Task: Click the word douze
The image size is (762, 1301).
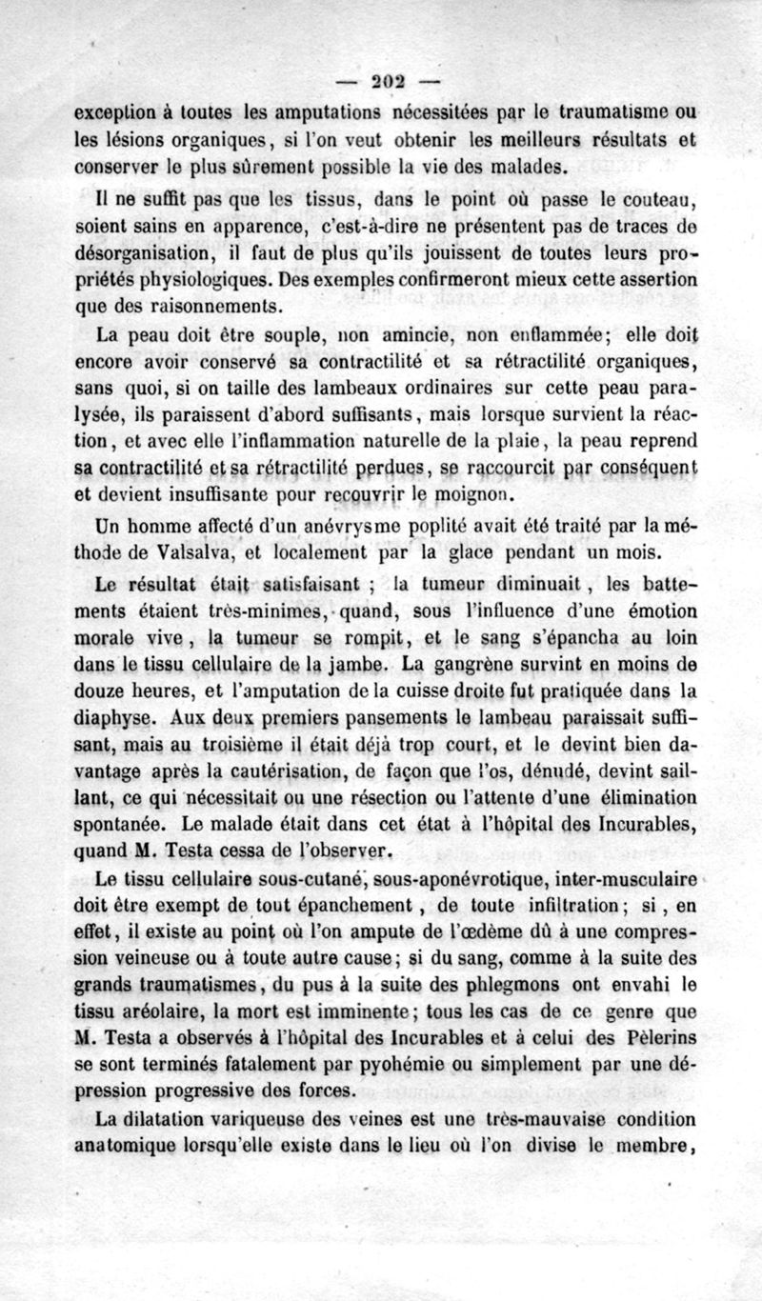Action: [x=101, y=684]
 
